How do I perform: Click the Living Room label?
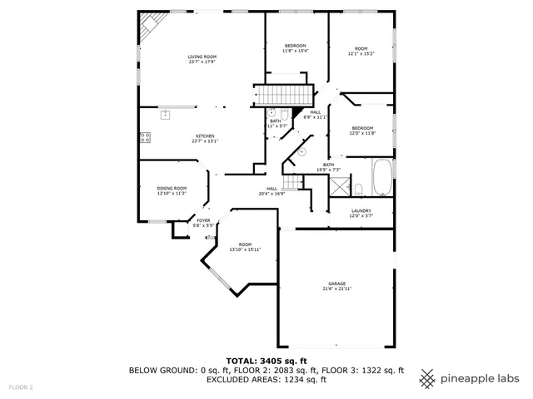(196, 58)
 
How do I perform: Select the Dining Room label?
(172, 190)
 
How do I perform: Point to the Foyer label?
(203, 222)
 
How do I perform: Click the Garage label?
(337, 286)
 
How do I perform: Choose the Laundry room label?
(361, 213)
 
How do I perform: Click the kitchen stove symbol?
(145, 138)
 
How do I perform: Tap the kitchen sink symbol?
(166, 114)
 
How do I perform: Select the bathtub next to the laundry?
(382, 177)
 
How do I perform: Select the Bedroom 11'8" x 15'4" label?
(296, 48)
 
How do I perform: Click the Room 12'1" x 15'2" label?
(361, 51)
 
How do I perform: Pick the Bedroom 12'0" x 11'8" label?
(362, 131)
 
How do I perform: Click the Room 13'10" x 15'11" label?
(245, 247)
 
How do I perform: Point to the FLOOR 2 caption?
(21, 387)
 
